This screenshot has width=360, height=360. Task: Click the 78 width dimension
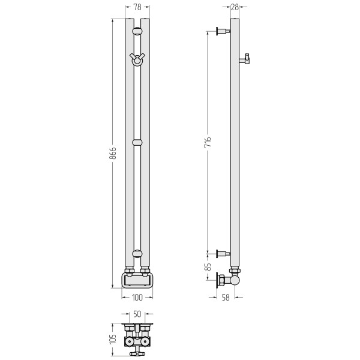[137, 7]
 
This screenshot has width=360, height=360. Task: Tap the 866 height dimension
[113, 153]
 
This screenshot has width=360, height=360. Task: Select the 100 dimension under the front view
[137, 298]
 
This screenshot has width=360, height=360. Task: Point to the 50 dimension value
[137, 314]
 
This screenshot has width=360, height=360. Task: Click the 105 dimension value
[113, 338]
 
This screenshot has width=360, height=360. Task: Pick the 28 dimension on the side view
[235, 7]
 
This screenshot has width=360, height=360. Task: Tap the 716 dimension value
[208, 142]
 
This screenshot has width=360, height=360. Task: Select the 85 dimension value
[208, 266]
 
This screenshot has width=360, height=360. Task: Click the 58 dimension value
[226, 298]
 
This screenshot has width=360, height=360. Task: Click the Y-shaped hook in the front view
[137, 59]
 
